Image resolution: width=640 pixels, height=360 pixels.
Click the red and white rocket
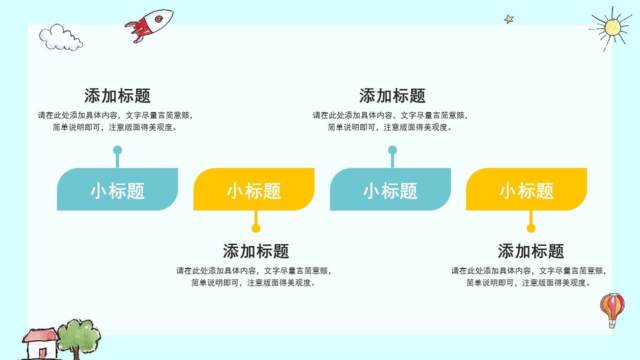click(149, 25)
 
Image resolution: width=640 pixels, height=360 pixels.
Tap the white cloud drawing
click(61, 38)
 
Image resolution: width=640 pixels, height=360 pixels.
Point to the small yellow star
click(509, 19)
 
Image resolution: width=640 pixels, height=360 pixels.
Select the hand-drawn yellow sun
click(612, 28)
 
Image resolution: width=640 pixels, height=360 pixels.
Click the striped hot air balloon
click(612, 310)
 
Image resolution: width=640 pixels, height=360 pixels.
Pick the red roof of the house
click(40, 335)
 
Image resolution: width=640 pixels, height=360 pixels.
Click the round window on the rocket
click(159, 19)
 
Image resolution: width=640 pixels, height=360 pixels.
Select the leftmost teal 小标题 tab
click(118, 190)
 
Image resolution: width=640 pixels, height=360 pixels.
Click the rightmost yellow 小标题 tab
click(527, 190)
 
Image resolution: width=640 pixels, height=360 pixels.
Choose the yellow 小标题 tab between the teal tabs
click(254, 190)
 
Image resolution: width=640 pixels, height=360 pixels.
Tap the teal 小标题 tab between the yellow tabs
click(390, 190)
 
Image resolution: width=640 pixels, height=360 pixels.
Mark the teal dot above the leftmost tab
click(118, 150)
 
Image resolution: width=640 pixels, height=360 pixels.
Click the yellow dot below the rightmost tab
click(531, 228)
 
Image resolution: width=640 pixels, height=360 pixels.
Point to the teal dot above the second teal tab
click(392, 150)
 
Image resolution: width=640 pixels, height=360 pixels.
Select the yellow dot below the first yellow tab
click(256, 228)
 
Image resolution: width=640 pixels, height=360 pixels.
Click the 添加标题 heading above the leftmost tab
click(118, 96)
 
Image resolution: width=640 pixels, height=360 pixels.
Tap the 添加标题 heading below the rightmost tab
click(531, 251)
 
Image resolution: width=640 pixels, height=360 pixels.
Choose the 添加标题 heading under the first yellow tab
click(256, 251)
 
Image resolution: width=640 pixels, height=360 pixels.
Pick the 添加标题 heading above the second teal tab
click(392, 96)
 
